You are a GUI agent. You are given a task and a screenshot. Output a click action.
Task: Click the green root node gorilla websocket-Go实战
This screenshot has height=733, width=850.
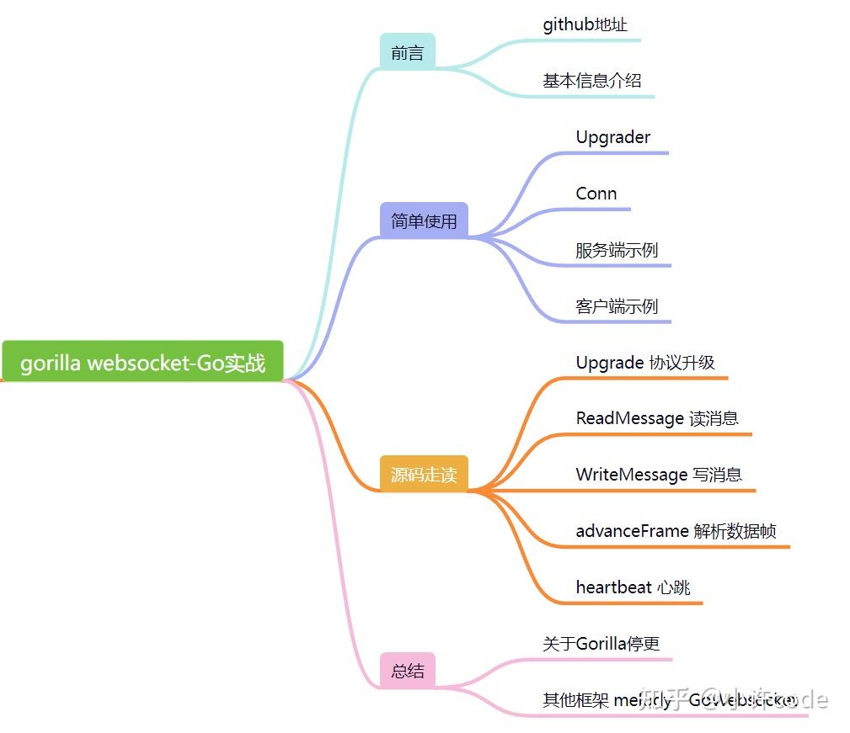tap(142, 362)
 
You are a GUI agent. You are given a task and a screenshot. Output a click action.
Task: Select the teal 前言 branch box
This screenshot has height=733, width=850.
tap(407, 52)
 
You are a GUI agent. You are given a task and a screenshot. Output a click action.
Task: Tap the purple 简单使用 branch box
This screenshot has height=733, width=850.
tap(424, 220)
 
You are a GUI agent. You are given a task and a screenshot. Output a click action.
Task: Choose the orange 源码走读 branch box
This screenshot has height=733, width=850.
tap(424, 474)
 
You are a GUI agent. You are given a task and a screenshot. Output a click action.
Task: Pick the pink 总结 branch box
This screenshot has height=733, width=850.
tap(408, 671)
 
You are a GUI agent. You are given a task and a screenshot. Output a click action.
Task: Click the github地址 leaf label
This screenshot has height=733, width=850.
tap(585, 24)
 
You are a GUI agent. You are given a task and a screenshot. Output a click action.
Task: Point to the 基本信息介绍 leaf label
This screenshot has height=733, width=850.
tap(591, 81)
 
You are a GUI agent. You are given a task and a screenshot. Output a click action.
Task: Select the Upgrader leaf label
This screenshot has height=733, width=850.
tap(612, 137)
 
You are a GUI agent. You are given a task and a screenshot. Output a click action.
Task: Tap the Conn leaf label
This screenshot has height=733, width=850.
tap(596, 194)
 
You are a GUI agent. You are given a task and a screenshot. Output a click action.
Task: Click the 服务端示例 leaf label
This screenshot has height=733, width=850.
tap(616, 250)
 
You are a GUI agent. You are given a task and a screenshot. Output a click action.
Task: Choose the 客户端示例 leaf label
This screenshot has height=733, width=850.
tap(616, 306)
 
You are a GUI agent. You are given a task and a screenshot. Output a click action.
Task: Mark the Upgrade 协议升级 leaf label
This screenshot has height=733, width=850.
tap(644, 363)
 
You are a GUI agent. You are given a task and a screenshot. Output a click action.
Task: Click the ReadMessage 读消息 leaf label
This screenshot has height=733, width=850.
tap(657, 418)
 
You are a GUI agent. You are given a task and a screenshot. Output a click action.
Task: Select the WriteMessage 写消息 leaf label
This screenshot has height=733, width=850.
tap(659, 475)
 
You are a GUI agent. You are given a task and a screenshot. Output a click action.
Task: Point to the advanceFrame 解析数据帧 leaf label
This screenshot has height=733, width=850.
tap(676, 531)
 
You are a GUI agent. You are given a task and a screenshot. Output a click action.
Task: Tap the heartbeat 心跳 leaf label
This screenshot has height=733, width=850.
tap(633, 587)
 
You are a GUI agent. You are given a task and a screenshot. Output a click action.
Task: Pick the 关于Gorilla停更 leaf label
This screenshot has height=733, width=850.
tap(601, 644)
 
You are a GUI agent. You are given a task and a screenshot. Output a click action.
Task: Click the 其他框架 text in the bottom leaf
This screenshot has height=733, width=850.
tap(575, 700)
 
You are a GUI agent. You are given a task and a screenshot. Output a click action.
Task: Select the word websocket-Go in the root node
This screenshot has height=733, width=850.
tap(155, 363)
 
